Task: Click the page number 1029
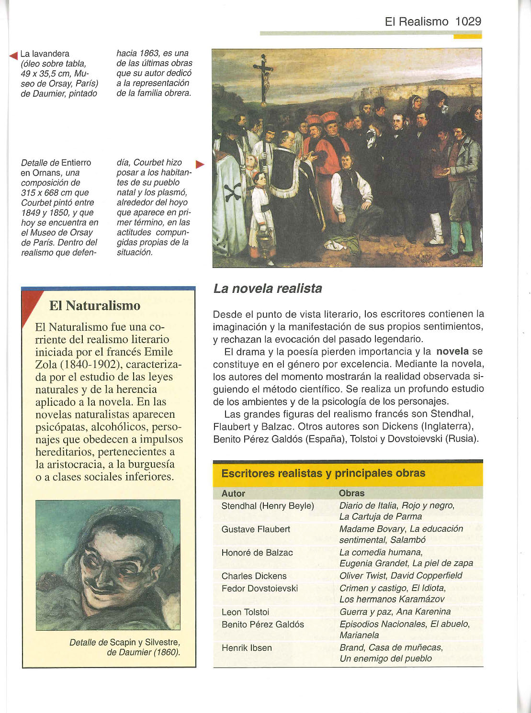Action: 468,22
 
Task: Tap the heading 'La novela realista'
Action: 267,289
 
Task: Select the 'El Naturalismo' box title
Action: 95,306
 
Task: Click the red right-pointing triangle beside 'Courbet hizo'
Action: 200,165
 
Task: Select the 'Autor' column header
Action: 233,493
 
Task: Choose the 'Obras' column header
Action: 351,493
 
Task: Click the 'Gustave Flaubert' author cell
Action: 256,529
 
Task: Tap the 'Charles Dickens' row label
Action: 254,576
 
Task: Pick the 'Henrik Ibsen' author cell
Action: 247,648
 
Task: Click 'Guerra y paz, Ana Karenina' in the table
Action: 395,612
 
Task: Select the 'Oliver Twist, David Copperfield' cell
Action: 400,576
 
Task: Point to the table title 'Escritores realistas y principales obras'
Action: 323,473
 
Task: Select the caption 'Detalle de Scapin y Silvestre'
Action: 124,643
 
